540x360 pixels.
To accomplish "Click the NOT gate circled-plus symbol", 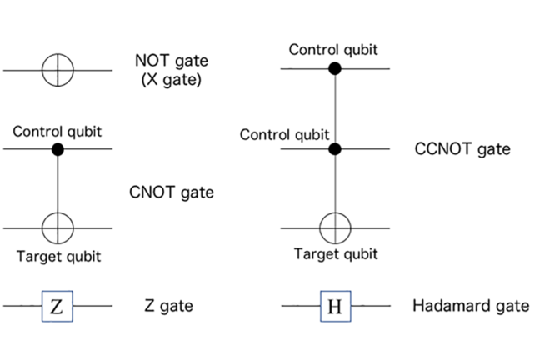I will click(x=57, y=72).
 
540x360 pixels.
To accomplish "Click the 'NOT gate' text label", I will click(x=172, y=61).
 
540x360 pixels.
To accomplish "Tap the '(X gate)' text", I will click(x=172, y=81).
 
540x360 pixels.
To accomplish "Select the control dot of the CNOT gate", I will click(x=57, y=149).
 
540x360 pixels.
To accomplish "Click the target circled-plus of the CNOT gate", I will click(x=57, y=227).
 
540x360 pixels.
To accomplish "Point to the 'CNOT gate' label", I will click(x=172, y=192).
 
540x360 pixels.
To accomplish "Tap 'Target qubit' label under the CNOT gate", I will click(x=58, y=256).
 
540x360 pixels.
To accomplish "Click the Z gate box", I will click(x=56, y=306).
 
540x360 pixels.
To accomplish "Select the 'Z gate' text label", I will click(x=163, y=306).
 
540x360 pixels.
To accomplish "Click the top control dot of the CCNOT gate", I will click(x=335, y=67).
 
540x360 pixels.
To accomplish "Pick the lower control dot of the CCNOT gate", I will click(x=335, y=149).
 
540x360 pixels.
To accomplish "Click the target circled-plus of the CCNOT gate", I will click(x=335, y=227).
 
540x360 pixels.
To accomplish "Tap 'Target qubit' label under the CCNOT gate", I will click(x=336, y=254).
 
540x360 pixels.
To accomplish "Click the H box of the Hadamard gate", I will click(x=334, y=306).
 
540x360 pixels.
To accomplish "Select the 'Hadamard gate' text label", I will click(x=471, y=306).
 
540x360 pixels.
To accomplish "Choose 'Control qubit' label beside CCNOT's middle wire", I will click(x=286, y=133).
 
